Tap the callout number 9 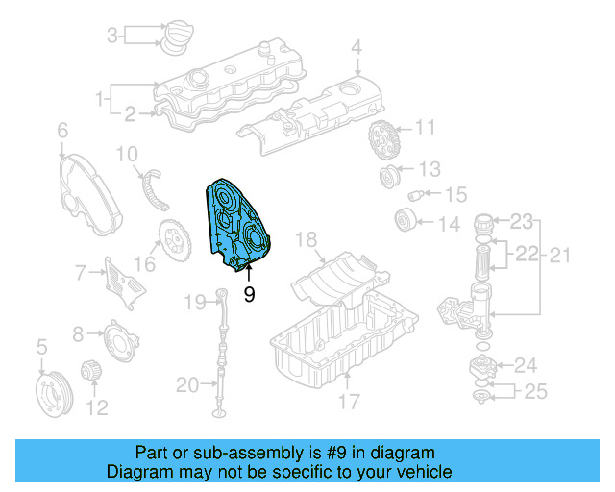(x=249, y=295)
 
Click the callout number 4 (x=356, y=46)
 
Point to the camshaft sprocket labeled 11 (x=381, y=142)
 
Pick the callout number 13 (x=429, y=169)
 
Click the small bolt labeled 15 (x=417, y=196)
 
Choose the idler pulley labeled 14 (x=405, y=220)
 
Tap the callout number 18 (x=306, y=238)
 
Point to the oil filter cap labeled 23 (x=488, y=231)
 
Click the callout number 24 (x=526, y=365)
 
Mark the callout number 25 (x=534, y=392)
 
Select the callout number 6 (x=62, y=129)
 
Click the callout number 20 (x=187, y=385)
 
